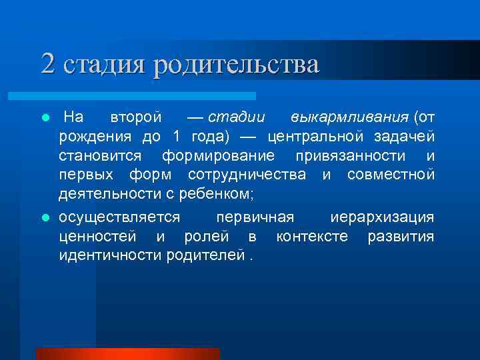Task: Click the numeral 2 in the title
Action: pos(47,64)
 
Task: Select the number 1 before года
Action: pos(177,137)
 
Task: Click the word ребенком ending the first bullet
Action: pos(222,194)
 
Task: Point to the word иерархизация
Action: pos(382,217)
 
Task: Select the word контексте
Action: pos(312,237)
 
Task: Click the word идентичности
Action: pos(109,256)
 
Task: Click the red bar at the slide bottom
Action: pos(127,354)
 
